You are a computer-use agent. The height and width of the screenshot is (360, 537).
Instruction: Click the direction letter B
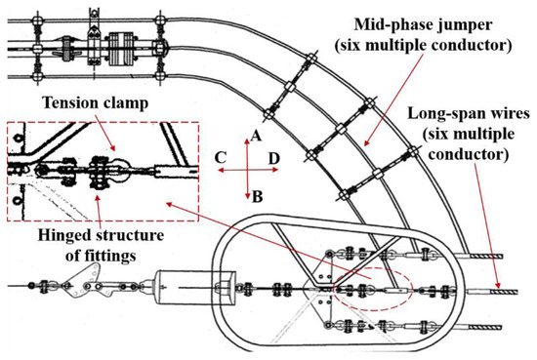point(256,196)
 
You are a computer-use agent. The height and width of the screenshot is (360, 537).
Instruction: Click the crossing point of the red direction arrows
point(251,169)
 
